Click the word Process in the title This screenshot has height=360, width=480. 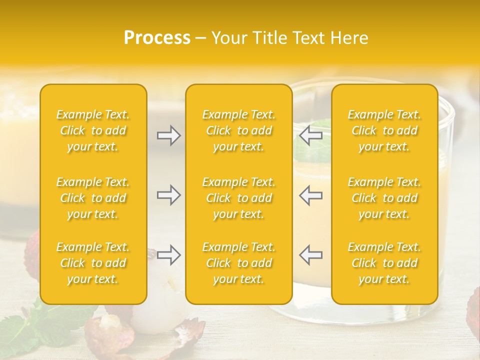[x=157, y=38]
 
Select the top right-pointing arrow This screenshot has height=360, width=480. [x=168, y=135]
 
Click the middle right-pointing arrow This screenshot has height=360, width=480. [x=168, y=195]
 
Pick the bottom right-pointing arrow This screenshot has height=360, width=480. [x=168, y=255]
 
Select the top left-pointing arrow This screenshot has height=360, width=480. [x=310, y=135]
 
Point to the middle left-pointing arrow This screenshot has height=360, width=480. [x=310, y=195]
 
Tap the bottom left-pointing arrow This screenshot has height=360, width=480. [x=310, y=255]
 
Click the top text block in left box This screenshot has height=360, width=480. [x=93, y=130]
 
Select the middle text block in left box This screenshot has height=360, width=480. [x=93, y=198]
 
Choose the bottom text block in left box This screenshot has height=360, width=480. [x=93, y=263]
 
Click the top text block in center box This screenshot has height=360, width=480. [x=238, y=130]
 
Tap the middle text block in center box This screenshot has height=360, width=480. [x=238, y=198]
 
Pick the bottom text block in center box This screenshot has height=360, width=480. [x=238, y=263]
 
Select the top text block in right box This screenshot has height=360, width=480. [x=384, y=130]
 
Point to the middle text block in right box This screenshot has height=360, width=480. [x=384, y=198]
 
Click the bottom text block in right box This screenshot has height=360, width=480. [x=384, y=263]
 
